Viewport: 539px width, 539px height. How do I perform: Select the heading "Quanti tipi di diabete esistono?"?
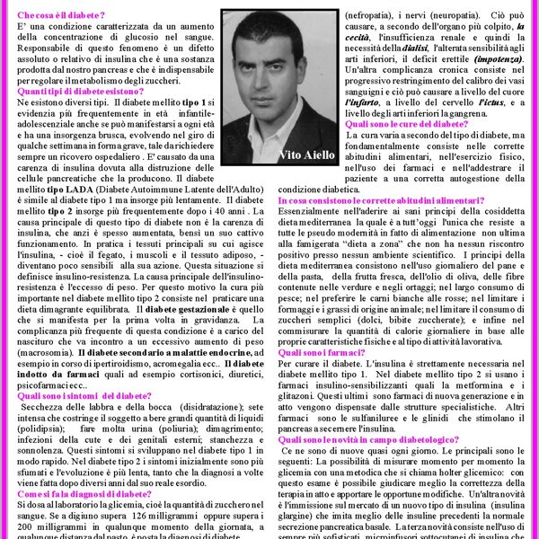point(81,92)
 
